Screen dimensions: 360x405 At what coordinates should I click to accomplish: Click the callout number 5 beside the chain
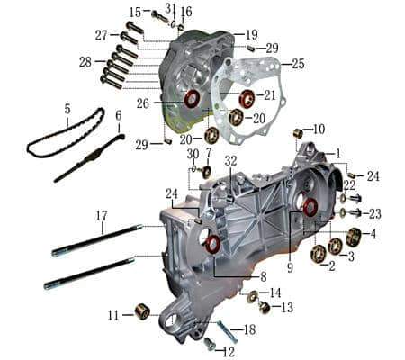point(66,109)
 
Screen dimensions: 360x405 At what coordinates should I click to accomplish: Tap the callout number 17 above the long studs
point(102,215)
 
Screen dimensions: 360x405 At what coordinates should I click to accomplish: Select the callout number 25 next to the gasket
point(298,64)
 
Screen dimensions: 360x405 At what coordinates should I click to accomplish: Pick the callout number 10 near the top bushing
point(319,129)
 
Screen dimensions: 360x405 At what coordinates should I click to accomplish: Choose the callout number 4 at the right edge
point(372,235)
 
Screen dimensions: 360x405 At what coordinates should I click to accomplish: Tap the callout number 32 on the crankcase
point(230,160)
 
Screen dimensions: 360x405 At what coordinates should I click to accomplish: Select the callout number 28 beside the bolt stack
point(85,62)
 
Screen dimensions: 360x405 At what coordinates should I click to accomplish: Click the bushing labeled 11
point(140,312)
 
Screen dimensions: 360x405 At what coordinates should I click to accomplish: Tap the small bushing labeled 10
point(297,135)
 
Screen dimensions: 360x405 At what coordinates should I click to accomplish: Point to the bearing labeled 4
point(354,238)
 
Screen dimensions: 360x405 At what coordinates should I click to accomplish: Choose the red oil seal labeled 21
point(247,97)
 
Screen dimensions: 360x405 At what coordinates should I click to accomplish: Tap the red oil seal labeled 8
point(213,245)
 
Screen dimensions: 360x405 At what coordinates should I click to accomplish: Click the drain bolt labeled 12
point(210,343)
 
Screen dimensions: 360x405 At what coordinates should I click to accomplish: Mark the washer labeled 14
point(253,297)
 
